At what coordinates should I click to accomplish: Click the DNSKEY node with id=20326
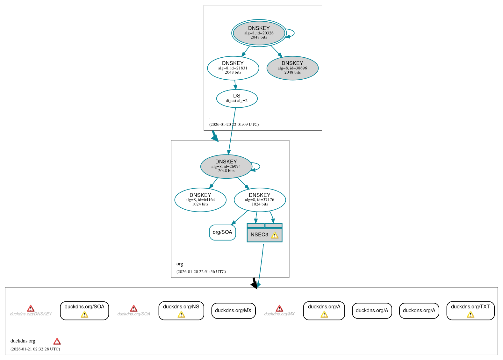pyautogui.click(x=259, y=33)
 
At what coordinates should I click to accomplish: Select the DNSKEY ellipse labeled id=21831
pyautogui.click(x=233, y=68)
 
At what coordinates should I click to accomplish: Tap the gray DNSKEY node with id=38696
pyautogui.click(x=292, y=68)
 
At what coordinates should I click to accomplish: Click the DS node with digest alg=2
pyautogui.click(x=237, y=98)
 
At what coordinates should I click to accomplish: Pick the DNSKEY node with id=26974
pyautogui.click(x=226, y=166)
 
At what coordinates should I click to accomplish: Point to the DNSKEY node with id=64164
pyautogui.click(x=200, y=200)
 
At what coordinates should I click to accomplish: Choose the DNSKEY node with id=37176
pyautogui.click(x=260, y=200)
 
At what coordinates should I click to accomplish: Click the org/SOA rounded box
pyautogui.click(x=222, y=232)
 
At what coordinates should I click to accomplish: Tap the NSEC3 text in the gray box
pyautogui.click(x=259, y=235)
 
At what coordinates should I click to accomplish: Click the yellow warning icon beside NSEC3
pyautogui.click(x=275, y=235)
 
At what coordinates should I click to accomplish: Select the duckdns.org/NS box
pyautogui.click(x=181, y=310)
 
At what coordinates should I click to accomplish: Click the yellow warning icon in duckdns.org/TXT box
pyautogui.click(x=470, y=315)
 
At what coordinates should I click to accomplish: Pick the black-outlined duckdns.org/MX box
pyautogui.click(x=233, y=311)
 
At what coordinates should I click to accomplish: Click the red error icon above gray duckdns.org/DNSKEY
pyautogui.click(x=31, y=308)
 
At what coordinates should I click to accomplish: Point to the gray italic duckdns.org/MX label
pyautogui.click(x=279, y=314)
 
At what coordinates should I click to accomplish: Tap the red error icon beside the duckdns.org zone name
pyautogui.click(x=57, y=342)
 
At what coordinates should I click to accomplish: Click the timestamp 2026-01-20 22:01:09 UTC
pyautogui.click(x=234, y=125)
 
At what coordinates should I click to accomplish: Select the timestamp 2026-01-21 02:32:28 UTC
pyautogui.click(x=35, y=349)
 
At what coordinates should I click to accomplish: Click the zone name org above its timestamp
pyautogui.click(x=180, y=264)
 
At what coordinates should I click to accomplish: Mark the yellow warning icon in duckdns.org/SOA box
pyautogui.click(x=84, y=315)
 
